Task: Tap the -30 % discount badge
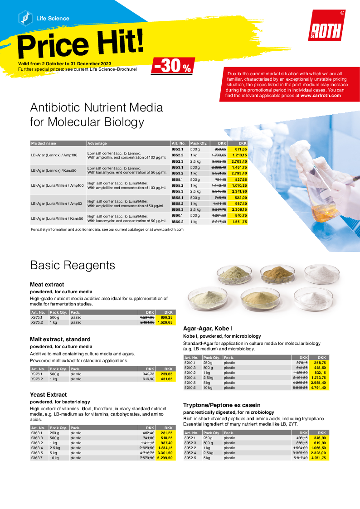tap(173, 66)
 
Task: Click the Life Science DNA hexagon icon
tap(25, 18)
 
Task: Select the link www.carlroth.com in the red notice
tap(320, 96)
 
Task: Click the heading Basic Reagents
tap(73, 265)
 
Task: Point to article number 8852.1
tap(177, 149)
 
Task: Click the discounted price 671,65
tap(240, 149)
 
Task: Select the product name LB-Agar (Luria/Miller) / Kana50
tap(57, 219)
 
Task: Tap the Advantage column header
tap(97, 143)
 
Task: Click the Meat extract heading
tap(47, 284)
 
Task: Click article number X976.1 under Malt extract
tap(37, 374)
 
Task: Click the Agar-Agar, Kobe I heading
tap(207, 328)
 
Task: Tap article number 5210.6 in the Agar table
tap(190, 388)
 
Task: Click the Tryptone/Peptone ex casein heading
tap(221, 405)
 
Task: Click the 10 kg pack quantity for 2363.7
tap(54, 458)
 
